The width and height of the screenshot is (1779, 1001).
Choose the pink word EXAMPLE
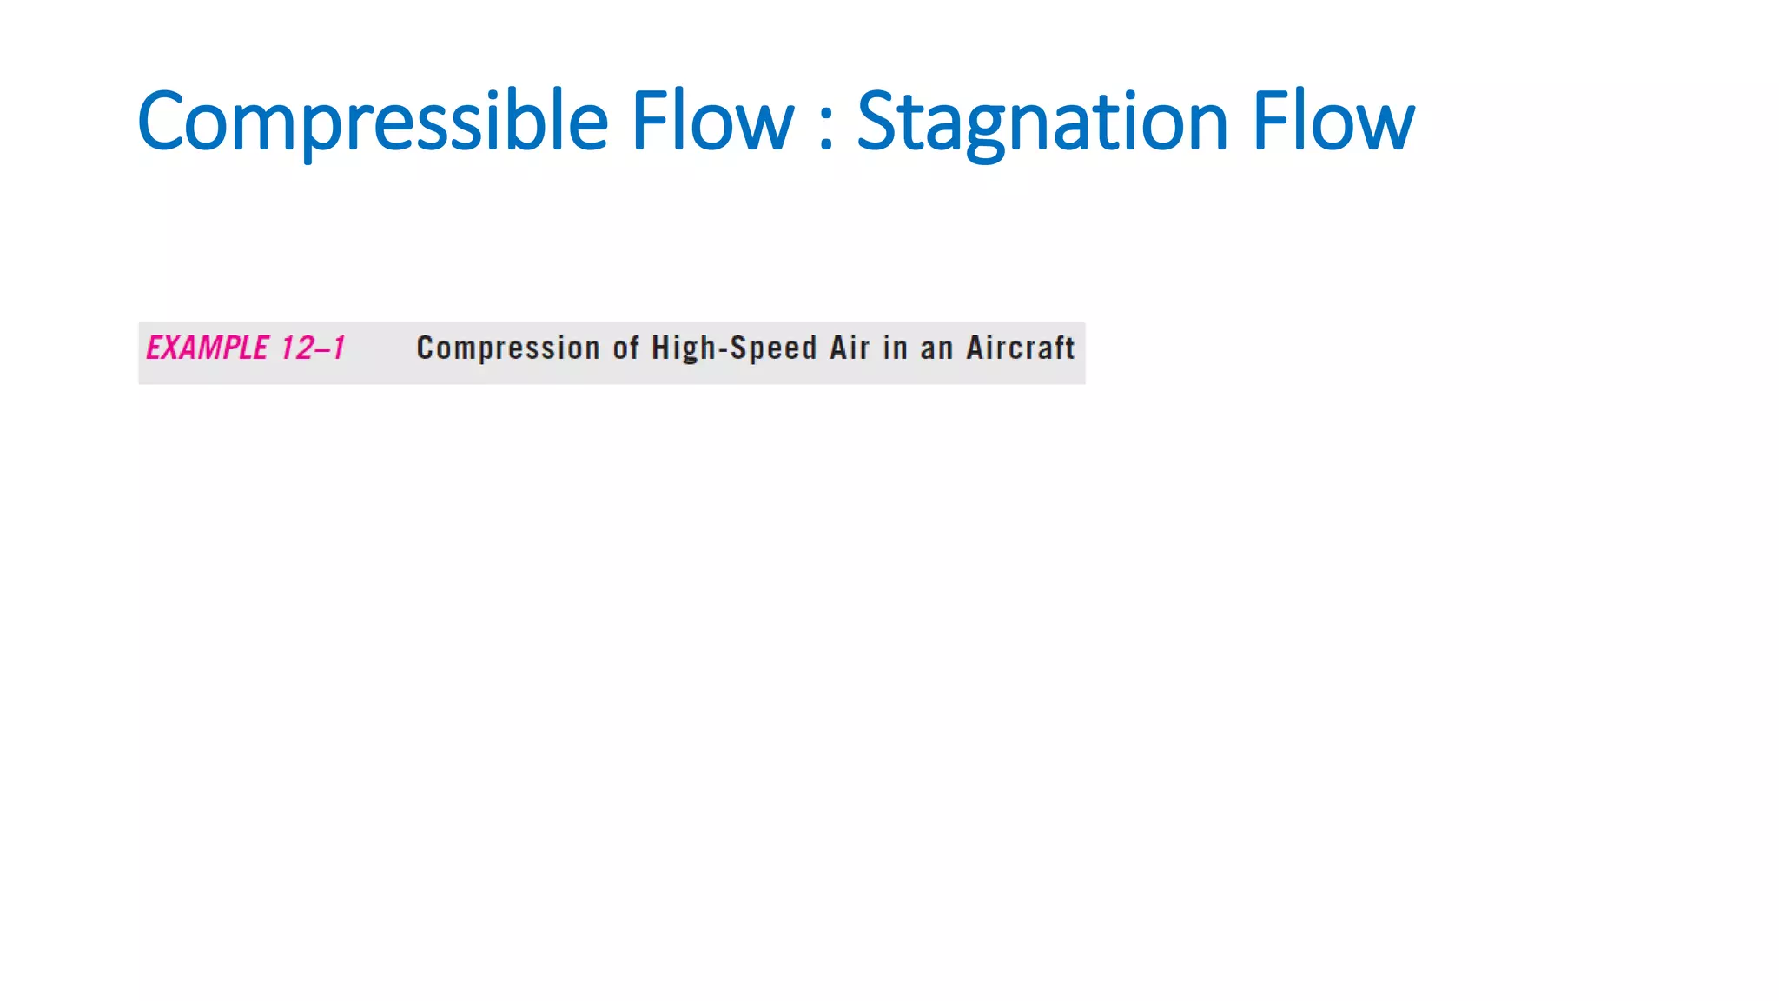coord(208,348)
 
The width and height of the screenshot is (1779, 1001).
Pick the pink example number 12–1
coord(313,348)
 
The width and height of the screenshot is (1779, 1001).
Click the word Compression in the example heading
coord(508,348)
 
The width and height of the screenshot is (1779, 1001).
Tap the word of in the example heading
coord(626,348)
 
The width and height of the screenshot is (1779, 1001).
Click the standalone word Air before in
coord(850,348)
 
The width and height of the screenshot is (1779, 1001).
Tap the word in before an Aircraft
coord(895,348)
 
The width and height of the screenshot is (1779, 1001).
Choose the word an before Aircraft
coord(936,348)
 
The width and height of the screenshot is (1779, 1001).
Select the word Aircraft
coord(1021,348)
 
